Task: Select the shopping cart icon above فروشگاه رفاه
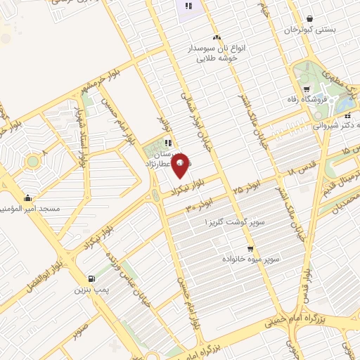pyautogui.click(x=307, y=89)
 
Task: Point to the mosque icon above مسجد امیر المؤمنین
pyautogui.click(x=27, y=198)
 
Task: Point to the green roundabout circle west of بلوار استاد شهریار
pyautogui.click(x=32, y=162)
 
